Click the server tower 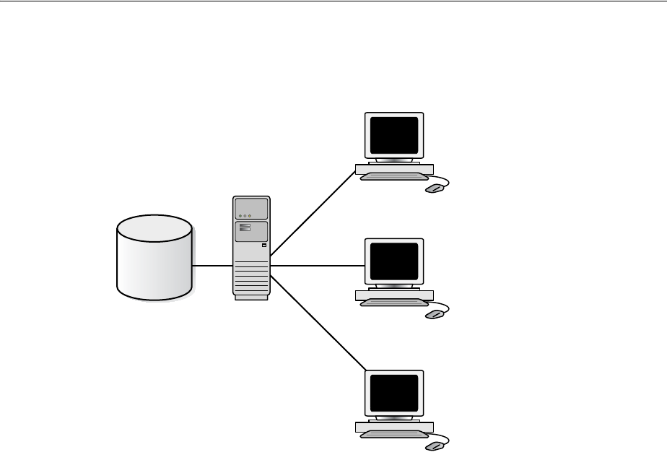pyautogui.click(x=251, y=247)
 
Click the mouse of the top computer pyautogui.click(x=433, y=188)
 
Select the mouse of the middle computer pyautogui.click(x=433, y=315)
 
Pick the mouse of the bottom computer pyautogui.click(x=433, y=447)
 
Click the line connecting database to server pyautogui.click(x=212, y=266)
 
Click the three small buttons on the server pyautogui.click(x=244, y=215)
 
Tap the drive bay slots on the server pyautogui.click(x=245, y=227)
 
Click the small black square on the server pyautogui.click(x=264, y=246)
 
